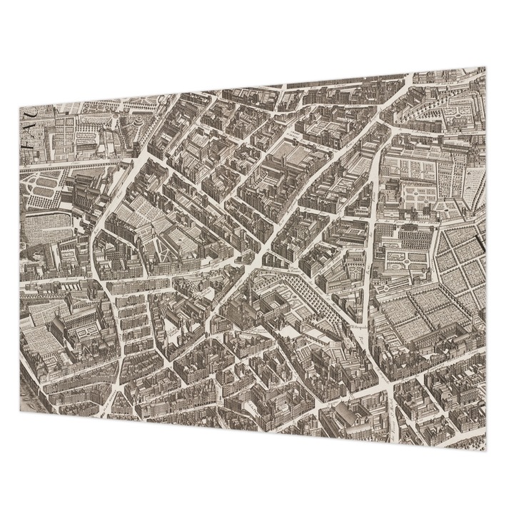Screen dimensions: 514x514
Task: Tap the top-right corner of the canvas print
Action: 485,68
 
